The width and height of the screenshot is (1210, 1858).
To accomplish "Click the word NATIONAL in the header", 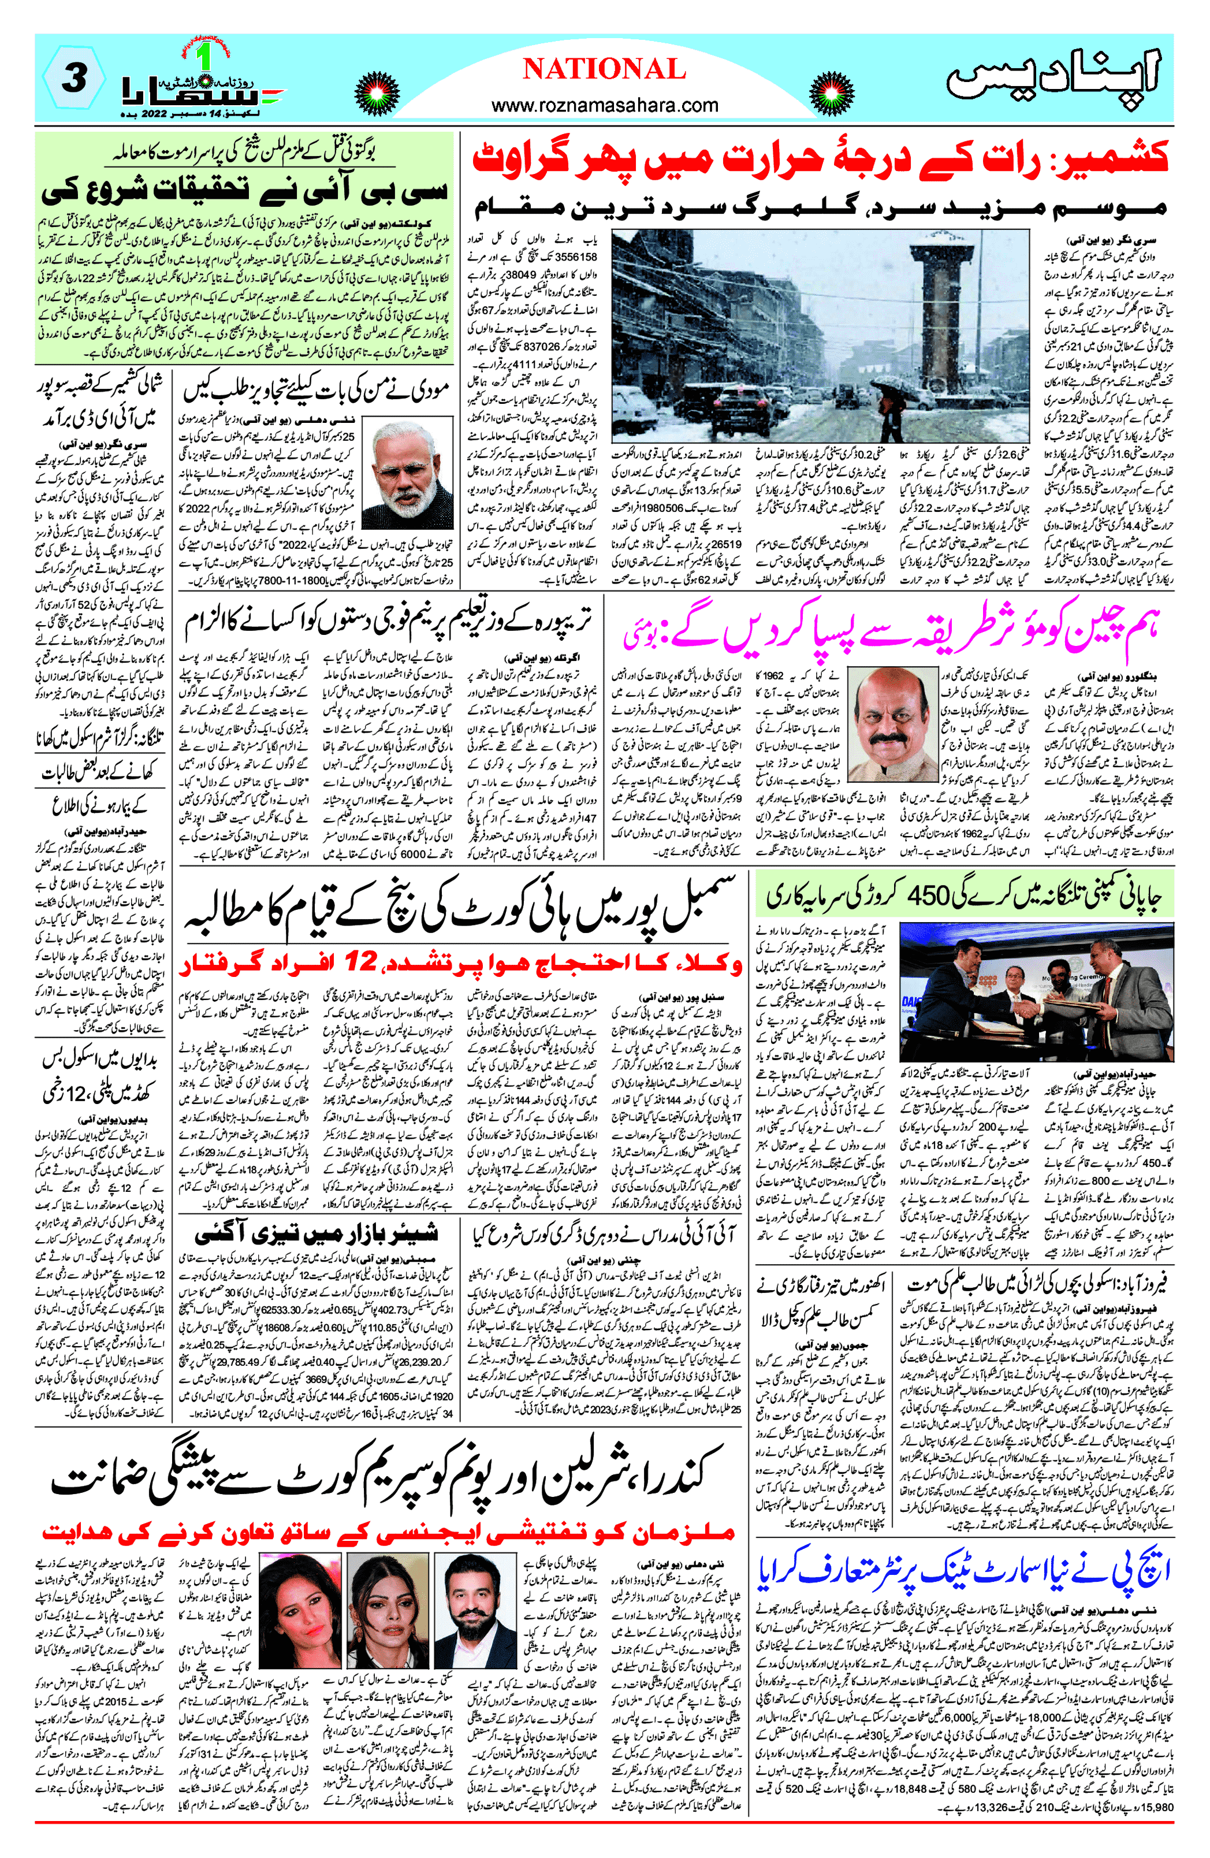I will pos(604,69).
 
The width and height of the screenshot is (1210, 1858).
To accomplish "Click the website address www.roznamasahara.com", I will pos(604,105).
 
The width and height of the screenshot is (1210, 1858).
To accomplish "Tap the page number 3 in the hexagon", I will pos(73,78).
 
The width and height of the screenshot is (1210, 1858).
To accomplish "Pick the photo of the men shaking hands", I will pos(1036,993).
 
